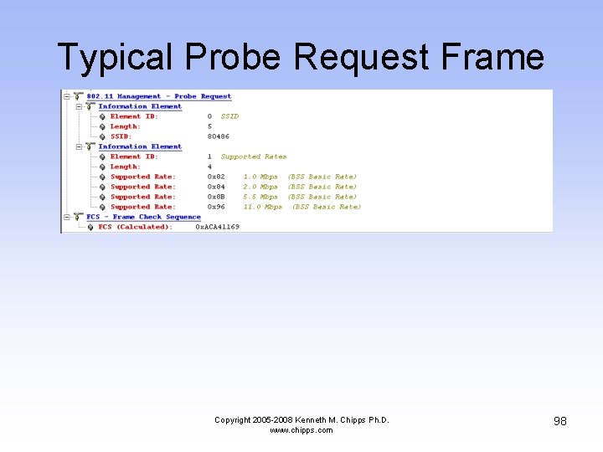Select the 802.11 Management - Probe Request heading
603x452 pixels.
click(158, 96)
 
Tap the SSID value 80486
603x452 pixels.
click(219, 136)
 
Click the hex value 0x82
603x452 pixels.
click(216, 177)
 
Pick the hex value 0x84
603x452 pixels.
click(216, 187)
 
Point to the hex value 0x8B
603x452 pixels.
click(216, 197)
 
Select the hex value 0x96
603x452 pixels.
click(216, 207)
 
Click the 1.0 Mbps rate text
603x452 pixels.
click(260, 177)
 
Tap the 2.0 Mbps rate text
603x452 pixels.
click(260, 187)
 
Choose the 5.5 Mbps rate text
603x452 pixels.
click(260, 197)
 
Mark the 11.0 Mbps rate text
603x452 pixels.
click(263, 207)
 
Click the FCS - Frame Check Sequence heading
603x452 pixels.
click(143, 217)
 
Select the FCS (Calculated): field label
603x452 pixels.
click(135, 227)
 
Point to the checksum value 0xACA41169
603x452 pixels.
click(218, 227)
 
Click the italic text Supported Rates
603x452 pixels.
click(253, 157)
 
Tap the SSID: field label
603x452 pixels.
click(121, 136)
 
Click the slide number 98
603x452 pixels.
click(559, 420)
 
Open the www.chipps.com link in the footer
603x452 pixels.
click(301, 430)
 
